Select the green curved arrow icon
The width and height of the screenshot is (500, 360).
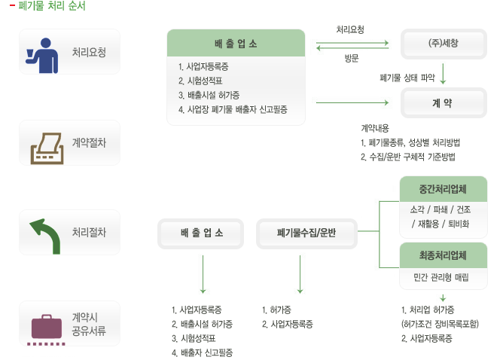click(46, 234)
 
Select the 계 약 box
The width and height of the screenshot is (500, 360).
click(443, 102)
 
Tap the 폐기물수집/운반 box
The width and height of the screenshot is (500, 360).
click(306, 233)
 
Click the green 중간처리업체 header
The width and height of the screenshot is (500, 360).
click(443, 188)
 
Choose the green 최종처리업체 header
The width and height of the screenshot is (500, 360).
click(443, 255)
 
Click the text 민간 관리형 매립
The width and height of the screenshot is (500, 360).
click(442, 277)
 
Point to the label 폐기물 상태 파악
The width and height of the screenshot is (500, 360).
click(408, 77)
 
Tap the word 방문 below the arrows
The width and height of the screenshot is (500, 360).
click(351, 59)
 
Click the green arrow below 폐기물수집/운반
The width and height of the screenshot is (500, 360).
click(300, 273)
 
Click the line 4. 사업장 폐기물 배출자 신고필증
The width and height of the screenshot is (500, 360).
click(232, 109)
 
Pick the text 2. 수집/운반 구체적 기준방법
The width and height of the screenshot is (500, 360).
click(407, 157)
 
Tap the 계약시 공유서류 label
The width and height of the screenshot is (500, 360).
click(89, 323)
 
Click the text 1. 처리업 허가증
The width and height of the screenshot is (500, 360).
click(428, 310)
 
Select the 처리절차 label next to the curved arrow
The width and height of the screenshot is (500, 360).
click(89, 233)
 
